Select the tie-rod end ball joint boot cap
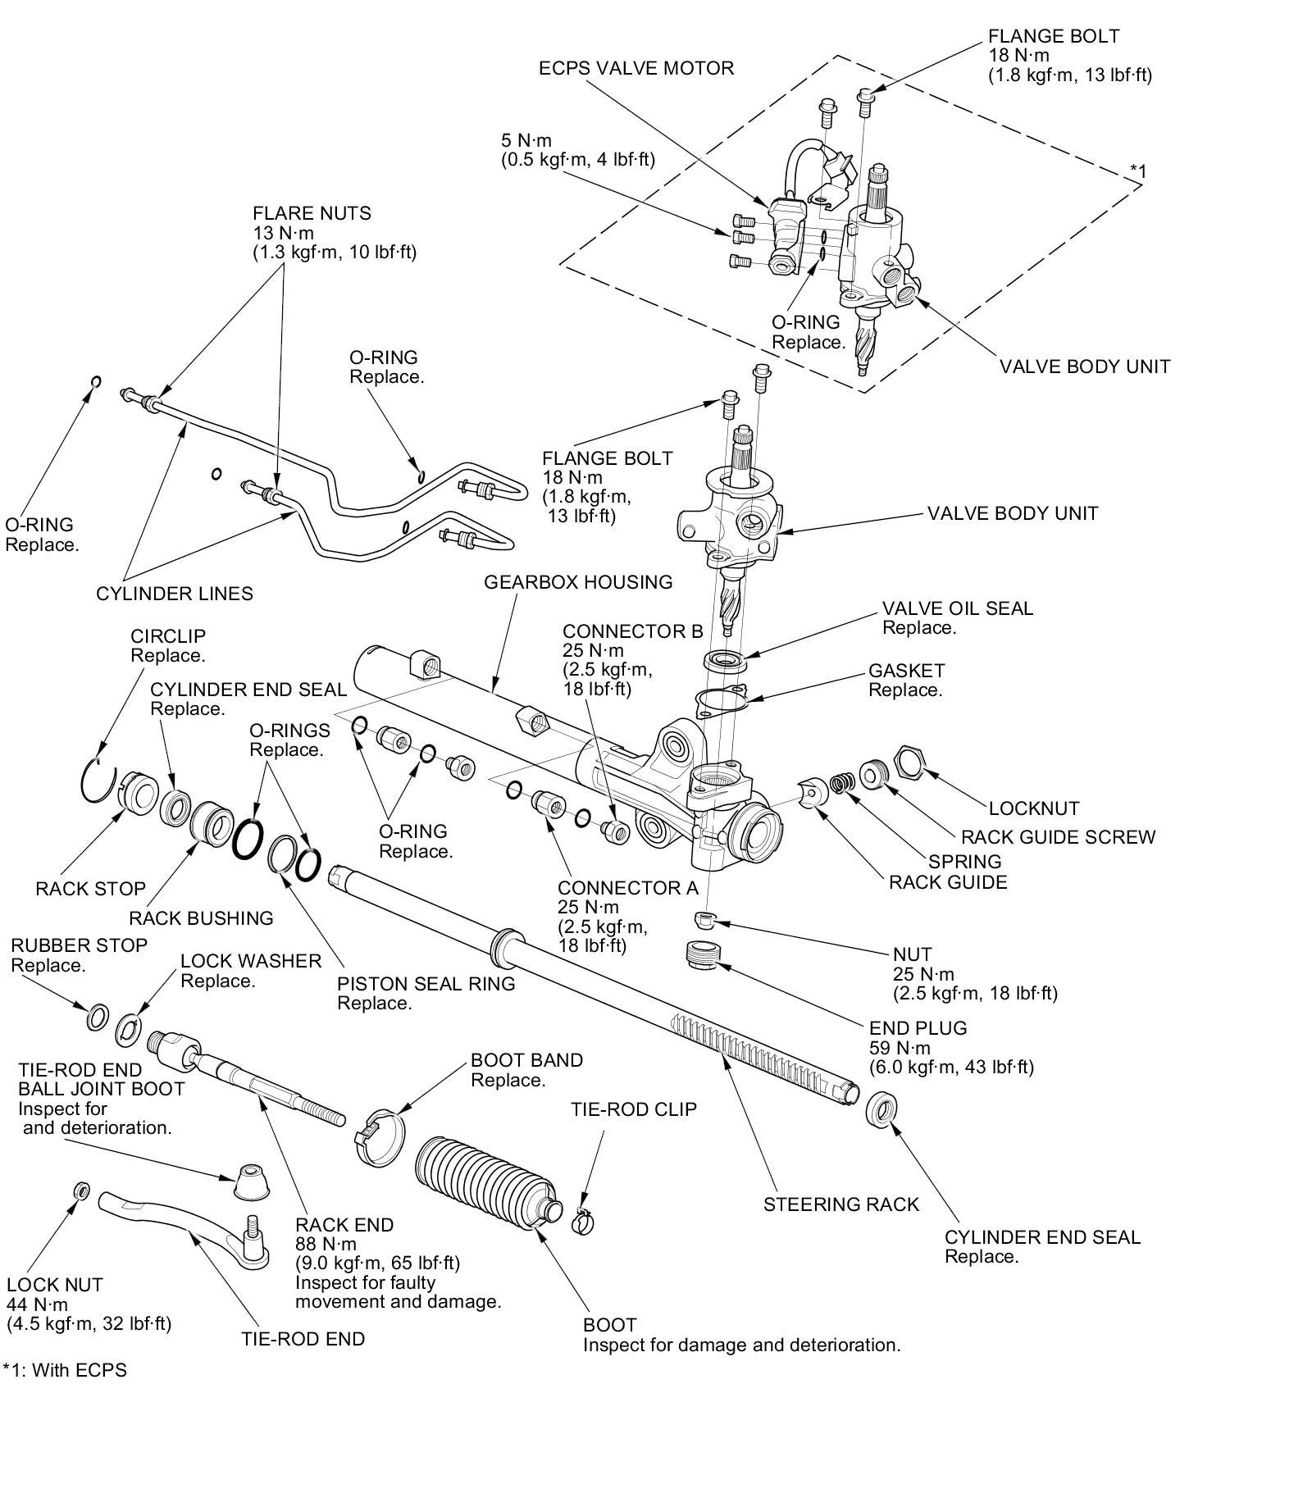pos(253,1178)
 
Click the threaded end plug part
pos(703,955)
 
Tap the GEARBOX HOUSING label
pos(578,582)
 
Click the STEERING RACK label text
pos(841,1204)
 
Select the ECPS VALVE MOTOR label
pos(636,68)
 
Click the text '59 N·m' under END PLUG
pos(900,1048)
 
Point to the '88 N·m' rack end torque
pos(326,1245)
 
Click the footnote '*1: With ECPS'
pos(65,1370)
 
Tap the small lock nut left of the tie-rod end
pos(82,1190)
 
